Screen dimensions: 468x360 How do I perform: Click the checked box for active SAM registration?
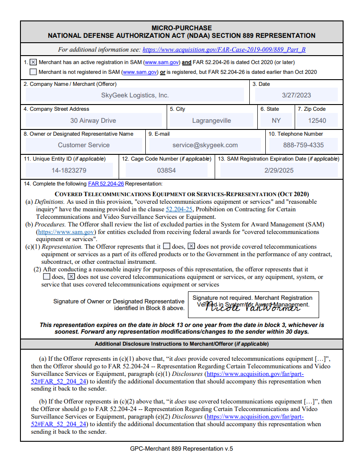pyautogui.click(x=33, y=63)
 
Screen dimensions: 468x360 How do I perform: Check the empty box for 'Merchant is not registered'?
pyautogui.click(x=33, y=72)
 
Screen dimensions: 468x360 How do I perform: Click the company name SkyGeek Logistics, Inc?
pyautogui.click(x=135, y=95)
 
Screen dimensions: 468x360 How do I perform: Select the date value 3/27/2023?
pyautogui.click(x=296, y=95)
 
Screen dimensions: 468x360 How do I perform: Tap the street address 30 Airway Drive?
pyautogui.click(x=93, y=121)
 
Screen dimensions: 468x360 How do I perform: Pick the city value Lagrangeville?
pyautogui.click(x=212, y=121)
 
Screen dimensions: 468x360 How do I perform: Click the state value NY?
pyautogui.click(x=276, y=121)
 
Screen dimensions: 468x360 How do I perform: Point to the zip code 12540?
pyautogui.click(x=317, y=121)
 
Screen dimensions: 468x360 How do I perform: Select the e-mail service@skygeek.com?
pyautogui.click(x=205, y=145)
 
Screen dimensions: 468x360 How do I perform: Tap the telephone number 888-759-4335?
pyautogui.click(x=304, y=145)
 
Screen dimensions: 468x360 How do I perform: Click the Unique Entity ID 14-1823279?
pyautogui.click(x=69, y=170)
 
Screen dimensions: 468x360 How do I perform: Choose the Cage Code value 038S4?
pyautogui.click(x=167, y=170)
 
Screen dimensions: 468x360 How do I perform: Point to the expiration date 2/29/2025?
pyautogui.click(x=279, y=170)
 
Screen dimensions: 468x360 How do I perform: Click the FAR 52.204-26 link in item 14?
pyautogui.click(x=106, y=184)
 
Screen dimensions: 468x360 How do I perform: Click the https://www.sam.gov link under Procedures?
pyautogui.click(x=66, y=232)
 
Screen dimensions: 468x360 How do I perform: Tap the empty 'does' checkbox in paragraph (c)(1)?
pyautogui.click(x=166, y=246)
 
